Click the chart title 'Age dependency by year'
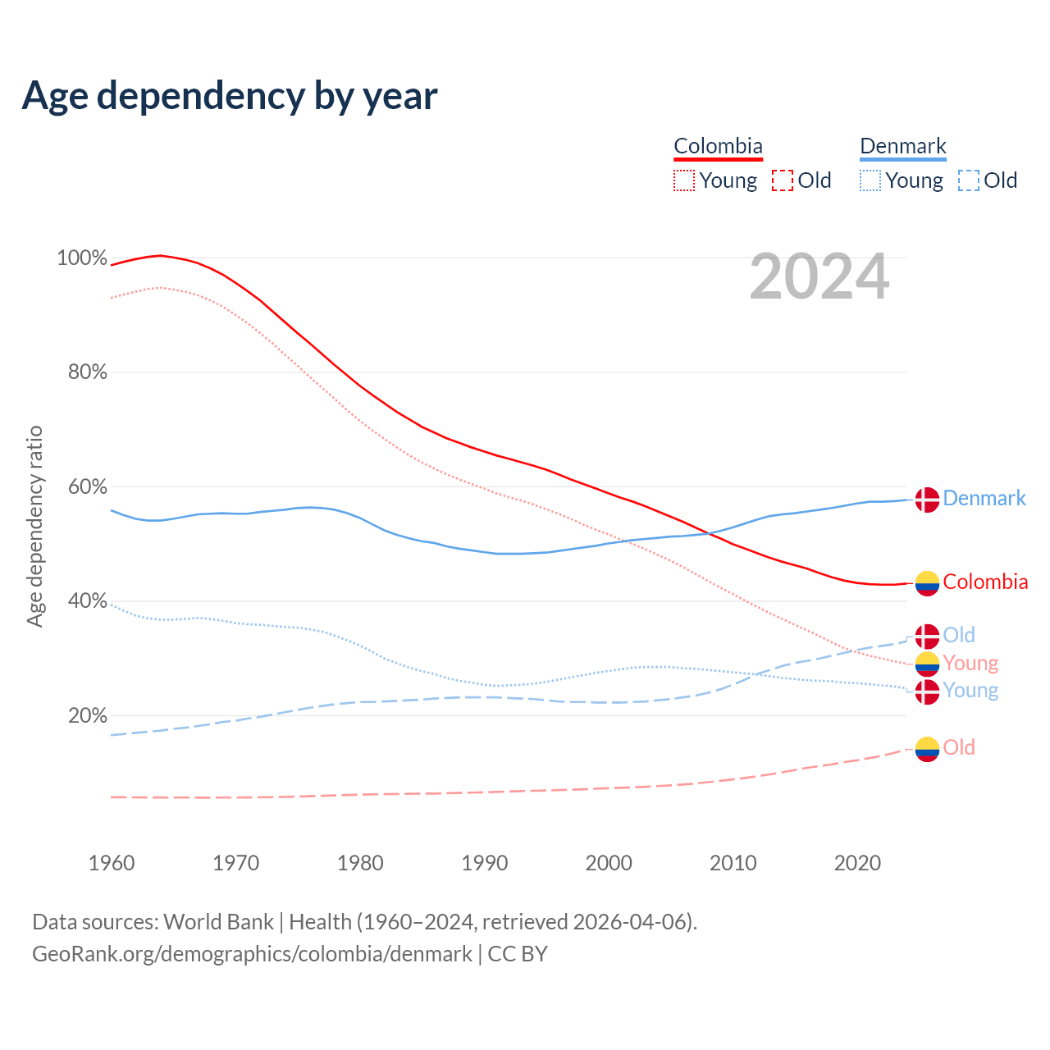click(x=230, y=96)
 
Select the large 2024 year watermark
click(x=819, y=277)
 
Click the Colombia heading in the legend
click(x=718, y=146)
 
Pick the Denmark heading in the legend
click(x=903, y=146)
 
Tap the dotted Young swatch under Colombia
click(x=684, y=180)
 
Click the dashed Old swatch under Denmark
click(x=969, y=180)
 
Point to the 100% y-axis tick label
click(x=82, y=258)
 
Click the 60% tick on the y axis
click(x=87, y=487)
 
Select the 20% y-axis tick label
click(x=87, y=716)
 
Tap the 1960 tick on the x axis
click(x=112, y=863)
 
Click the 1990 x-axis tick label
click(x=485, y=863)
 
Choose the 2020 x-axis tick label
click(x=857, y=863)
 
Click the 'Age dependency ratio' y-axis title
click(x=34, y=526)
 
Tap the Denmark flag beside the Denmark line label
click(x=927, y=500)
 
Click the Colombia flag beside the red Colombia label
click(x=927, y=583)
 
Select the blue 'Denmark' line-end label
click(x=984, y=499)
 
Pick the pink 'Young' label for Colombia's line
click(x=970, y=663)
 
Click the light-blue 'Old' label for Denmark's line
click(x=959, y=635)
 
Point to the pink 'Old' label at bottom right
click(x=959, y=747)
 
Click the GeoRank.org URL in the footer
click(x=252, y=954)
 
